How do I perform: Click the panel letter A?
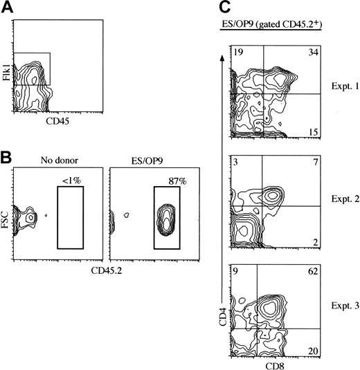coord(7,7)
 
